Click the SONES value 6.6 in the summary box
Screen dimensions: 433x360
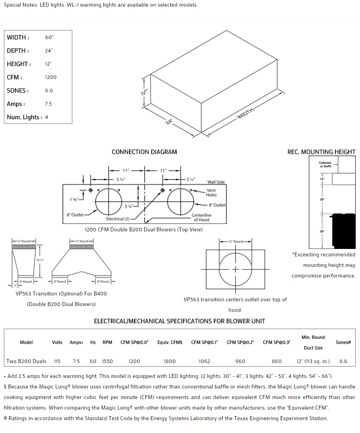(x=49, y=91)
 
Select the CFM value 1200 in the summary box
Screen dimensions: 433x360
(x=51, y=77)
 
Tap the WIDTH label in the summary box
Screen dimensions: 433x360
(x=17, y=38)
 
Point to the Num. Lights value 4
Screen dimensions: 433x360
(x=47, y=117)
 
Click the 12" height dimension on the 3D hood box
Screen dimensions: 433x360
(x=144, y=93)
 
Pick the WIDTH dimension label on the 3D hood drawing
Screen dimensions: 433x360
(x=245, y=115)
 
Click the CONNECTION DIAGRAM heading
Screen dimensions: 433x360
(x=144, y=152)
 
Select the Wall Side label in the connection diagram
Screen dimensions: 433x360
(x=216, y=182)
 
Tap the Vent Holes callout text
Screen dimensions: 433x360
(x=211, y=193)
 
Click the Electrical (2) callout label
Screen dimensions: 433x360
(x=118, y=219)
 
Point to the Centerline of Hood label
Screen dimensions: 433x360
(x=201, y=217)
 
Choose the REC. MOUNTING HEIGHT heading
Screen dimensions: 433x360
(x=321, y=152)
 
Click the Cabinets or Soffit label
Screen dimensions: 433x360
(x=325, y=165)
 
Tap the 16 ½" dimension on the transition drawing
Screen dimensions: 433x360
(x=40, y=260)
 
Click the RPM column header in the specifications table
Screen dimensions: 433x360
(x=107, y=342)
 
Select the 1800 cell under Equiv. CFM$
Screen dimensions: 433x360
(x=170, y=361)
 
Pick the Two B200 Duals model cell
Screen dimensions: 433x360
(x=26, y=361)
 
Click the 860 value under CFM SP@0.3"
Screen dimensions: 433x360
(x=276, y=361)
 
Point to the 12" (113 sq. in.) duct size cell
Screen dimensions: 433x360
(x=313, y=361)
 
